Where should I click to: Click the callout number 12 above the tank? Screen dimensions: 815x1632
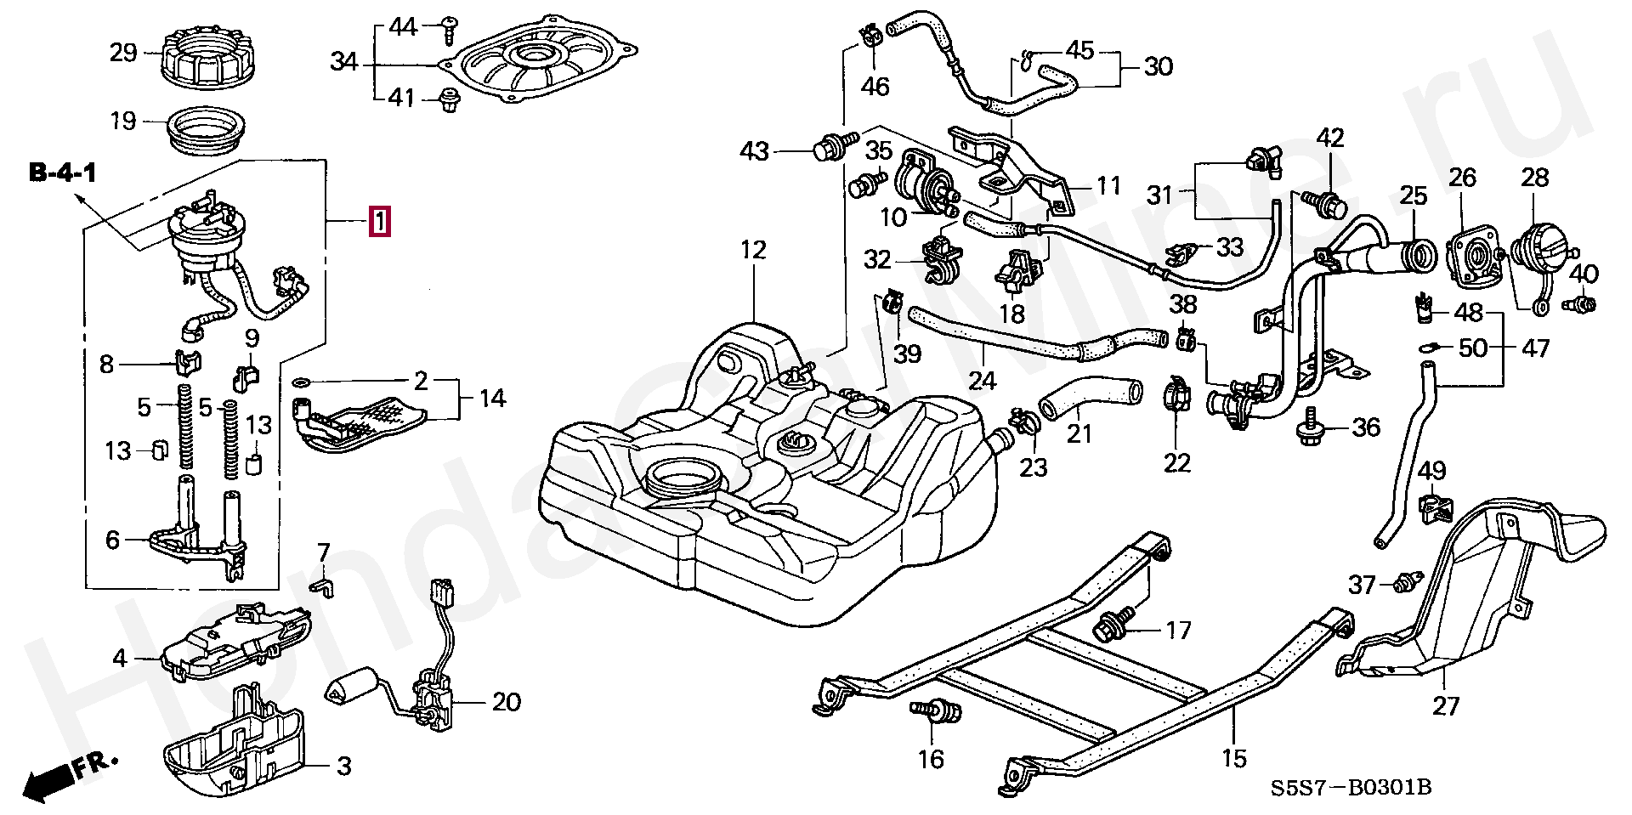click(753, 250)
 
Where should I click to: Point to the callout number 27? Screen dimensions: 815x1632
click(1445, 706)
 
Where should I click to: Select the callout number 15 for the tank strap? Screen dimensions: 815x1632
click(1233, 757)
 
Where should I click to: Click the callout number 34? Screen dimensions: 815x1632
click(344, 62)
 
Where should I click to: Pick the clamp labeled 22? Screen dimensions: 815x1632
click(1177, 394)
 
